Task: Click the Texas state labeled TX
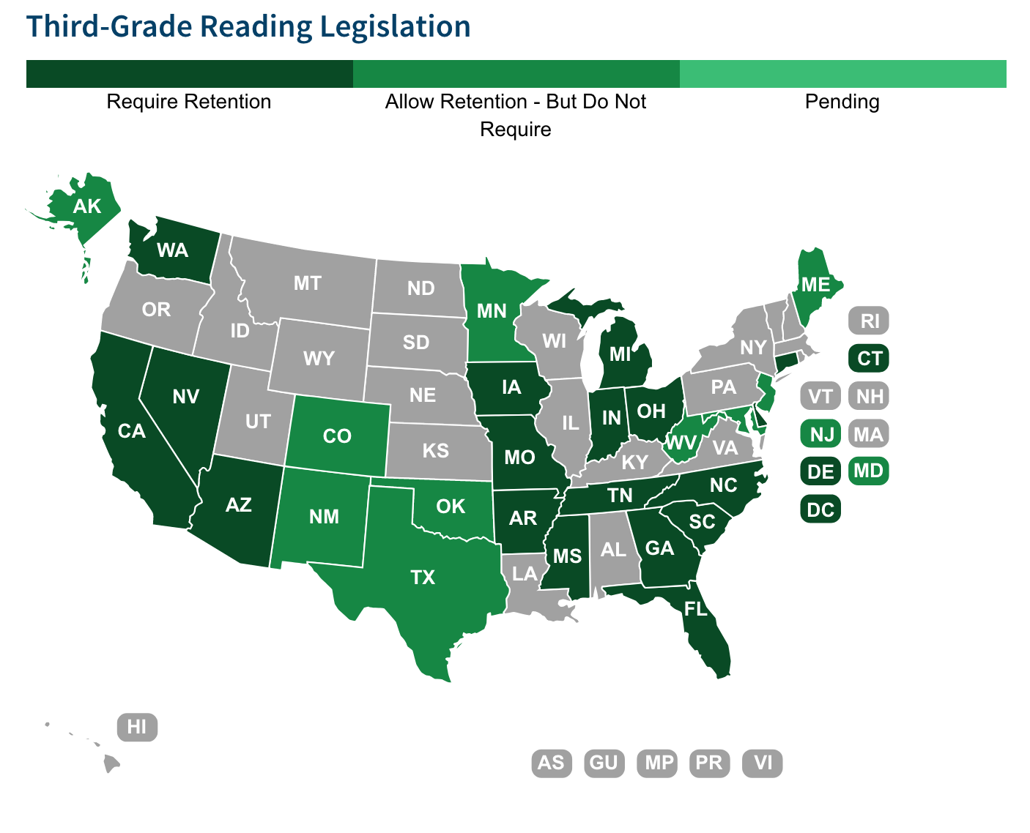[x=423, y=577]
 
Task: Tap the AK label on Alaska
[x=87, y=206]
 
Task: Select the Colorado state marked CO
[x=337, y=436]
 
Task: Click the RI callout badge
[x=869, y=321]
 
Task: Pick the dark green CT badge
[x=869, y=359]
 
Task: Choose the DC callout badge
[x=820, y=509]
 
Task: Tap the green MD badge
[x=869, y=471]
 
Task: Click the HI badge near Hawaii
[x=137, y=727]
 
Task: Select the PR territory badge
[x=709, y=763]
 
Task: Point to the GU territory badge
[x=604, y=763]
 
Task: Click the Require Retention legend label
[x=189, y=101]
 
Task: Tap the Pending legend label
[x=842, y=101]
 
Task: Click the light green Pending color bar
[x=842, y=74]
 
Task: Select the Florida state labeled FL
[x=696, y=608]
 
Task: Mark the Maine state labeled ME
[x=815, y=284]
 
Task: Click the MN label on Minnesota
[x=492, y=311]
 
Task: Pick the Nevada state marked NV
[x=186, y=396]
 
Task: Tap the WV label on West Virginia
[x=681, y=443]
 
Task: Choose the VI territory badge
[x=763, y=763]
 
